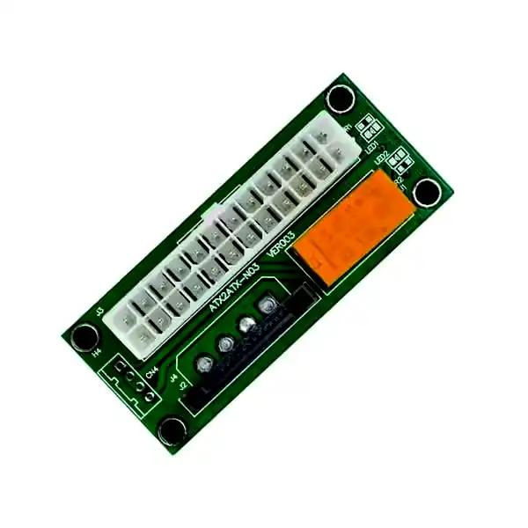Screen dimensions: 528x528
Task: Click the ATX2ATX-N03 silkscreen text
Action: click(x=234, y=286)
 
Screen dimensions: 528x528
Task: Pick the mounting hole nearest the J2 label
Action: click(x=173, y=429)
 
